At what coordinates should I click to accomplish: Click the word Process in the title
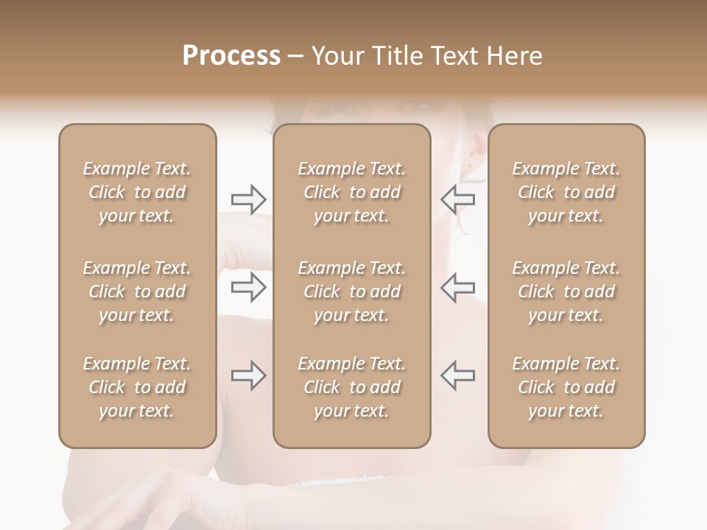[231, 56]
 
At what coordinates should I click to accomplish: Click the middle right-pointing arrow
[248, 287]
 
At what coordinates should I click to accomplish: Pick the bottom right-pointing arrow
[248, 375]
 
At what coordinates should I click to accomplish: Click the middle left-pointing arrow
[458, 287]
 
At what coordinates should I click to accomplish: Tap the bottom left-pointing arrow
[458, 375]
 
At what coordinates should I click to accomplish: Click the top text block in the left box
[137, 192]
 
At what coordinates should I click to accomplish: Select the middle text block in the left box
[137, 291]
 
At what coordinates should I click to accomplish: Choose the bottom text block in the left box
[137, 387]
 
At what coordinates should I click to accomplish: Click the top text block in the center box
[351, 192]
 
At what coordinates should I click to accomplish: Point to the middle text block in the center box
[351, 291]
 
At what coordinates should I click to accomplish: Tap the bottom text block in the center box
[351, 387]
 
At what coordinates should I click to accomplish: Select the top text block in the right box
[566, 192]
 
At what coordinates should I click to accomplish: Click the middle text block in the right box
[566, 291]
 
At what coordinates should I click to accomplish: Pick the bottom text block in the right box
[566, 387]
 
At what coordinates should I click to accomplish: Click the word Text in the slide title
[454, 56]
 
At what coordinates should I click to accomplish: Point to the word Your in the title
[338, 56]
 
